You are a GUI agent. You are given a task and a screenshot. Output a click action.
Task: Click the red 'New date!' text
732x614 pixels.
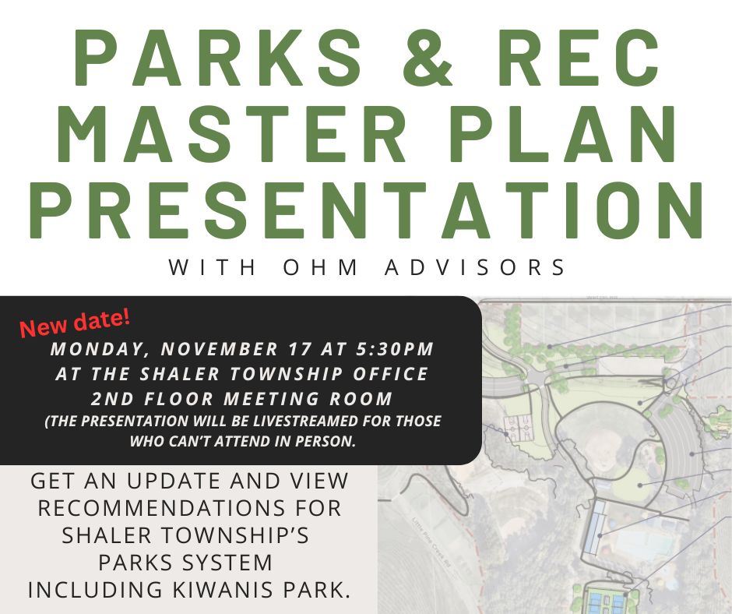pos(75,323)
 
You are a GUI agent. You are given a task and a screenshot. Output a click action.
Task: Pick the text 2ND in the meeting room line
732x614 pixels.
pos(110,399)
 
